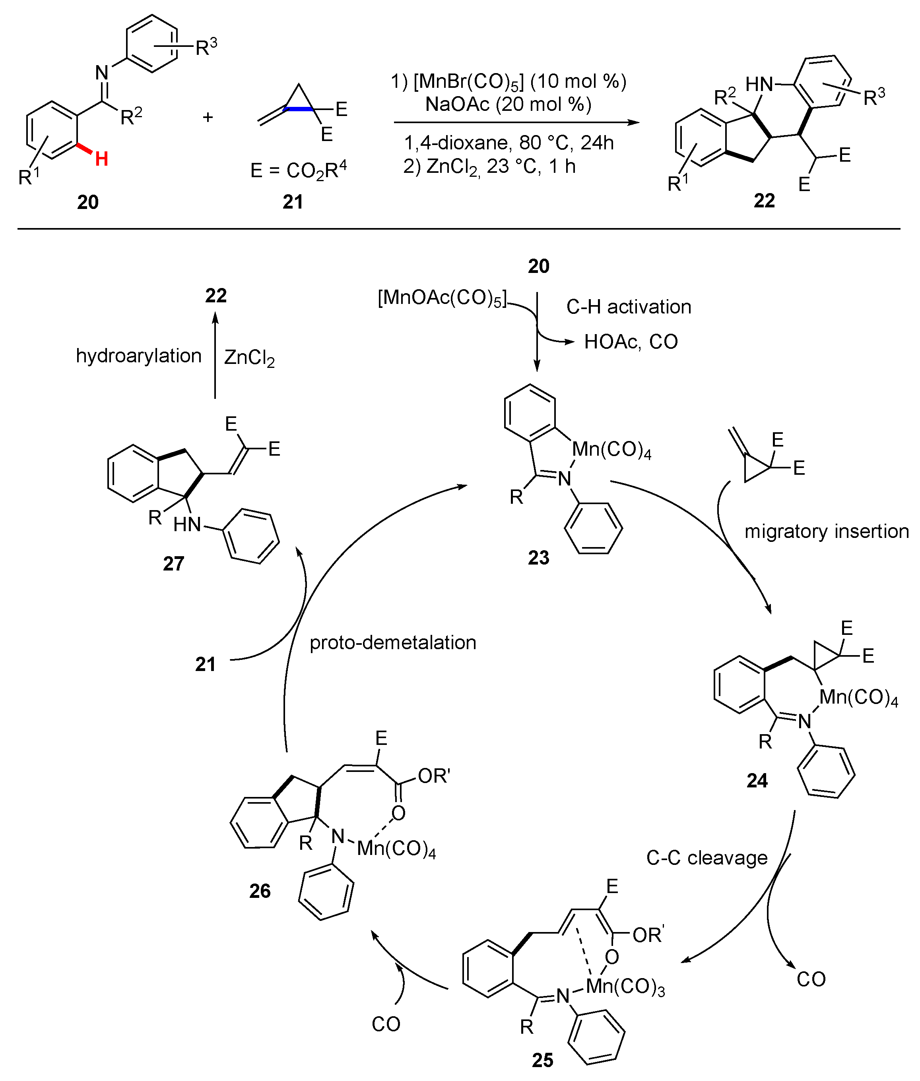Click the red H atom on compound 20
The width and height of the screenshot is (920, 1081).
102,159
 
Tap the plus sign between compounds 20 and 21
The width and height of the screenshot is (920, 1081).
208,117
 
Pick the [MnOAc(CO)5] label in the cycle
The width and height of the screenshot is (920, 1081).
442,299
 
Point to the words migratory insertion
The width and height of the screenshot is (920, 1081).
826,531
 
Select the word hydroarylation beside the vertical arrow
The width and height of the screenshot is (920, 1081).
138,356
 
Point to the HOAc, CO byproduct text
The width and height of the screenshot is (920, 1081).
631,341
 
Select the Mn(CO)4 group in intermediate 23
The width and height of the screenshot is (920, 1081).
611,449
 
